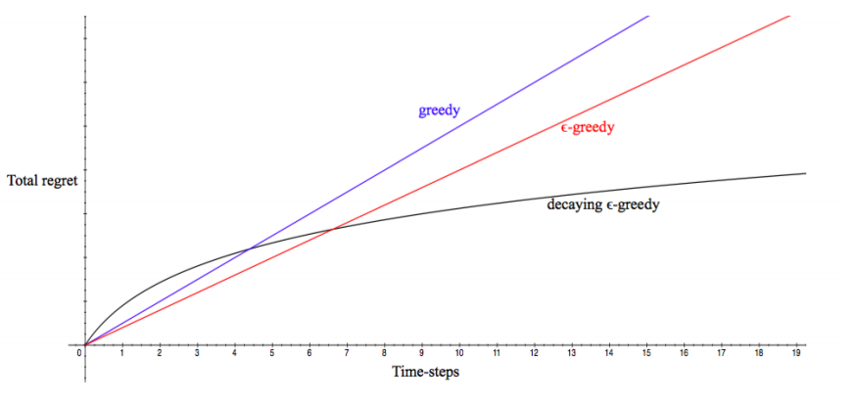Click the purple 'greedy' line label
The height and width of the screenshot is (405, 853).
[x=439, y=110]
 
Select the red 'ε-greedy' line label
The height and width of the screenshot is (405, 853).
[x=588, y=128]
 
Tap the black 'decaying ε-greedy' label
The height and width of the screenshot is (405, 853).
[x=603, y=205]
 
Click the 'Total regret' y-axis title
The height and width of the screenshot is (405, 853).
[x=42, y=181]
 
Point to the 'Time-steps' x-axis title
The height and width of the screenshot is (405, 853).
[x=425, y=373]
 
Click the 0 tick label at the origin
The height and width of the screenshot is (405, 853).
[x=79, y=353]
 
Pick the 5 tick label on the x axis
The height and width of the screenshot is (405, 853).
[x=271, y=353]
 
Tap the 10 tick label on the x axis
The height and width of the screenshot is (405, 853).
[x=459, y=353]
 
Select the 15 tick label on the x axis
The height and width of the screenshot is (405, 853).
[x=646, y=353]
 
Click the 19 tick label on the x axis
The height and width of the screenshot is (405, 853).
[x=796, y=353]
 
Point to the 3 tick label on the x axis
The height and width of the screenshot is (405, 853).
[x=197, y=353]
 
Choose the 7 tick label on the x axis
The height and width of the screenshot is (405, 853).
[x=347, y=353]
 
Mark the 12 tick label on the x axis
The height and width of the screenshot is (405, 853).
[x=534, y=353]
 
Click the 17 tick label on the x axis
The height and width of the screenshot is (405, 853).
[x=722, y=353]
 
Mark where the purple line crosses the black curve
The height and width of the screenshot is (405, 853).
[x=250, y=248]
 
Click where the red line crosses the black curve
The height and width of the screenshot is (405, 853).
[x=333, y=229]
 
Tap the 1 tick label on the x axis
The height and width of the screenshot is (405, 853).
[x=121, y=353]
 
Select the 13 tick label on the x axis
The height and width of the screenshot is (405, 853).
[x=571, y=353]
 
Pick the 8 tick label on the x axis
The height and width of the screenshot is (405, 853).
[x=384, y=353]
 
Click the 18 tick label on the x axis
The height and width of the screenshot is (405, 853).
[x=759, y=353]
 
